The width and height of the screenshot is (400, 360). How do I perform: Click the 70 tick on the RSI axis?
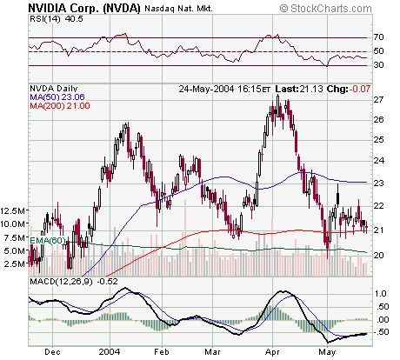coord(378,38)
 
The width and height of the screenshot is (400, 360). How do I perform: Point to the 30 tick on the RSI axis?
coord(378,65)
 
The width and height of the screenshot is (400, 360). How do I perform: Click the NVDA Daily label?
coord(55,88)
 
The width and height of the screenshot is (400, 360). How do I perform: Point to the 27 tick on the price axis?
coord(378,99)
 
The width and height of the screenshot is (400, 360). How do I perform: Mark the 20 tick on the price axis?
coord(378,255)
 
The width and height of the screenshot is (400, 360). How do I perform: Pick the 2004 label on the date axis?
coord(110,353)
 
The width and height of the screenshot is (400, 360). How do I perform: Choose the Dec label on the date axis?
coord(53,353)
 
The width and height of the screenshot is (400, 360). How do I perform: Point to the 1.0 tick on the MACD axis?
coord(380,294)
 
